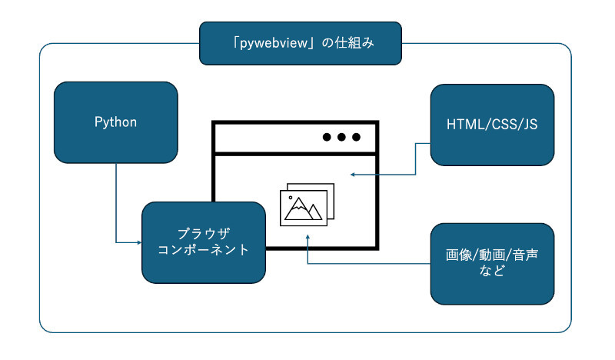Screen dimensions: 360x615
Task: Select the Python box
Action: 116,122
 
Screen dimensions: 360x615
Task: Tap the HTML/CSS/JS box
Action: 492,124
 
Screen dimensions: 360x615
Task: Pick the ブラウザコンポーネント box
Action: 204,242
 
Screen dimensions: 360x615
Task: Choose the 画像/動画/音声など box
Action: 492,263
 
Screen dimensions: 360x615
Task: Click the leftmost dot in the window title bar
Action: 327,138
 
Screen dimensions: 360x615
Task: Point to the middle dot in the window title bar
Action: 341,138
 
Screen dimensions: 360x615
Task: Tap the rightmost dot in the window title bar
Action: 356,138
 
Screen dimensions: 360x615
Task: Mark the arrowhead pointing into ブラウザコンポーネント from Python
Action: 139,243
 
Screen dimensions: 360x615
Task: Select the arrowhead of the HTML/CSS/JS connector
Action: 352,175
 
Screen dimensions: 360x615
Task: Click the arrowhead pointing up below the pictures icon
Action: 307,239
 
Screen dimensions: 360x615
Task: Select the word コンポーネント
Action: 204,250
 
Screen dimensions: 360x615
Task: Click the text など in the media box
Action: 492,272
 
